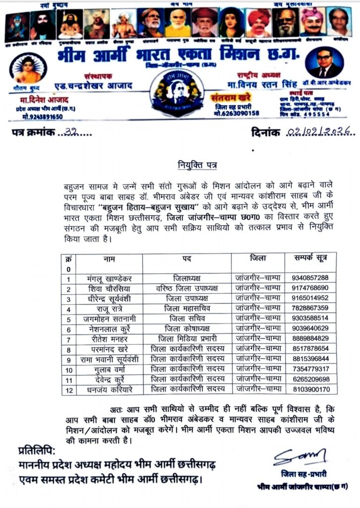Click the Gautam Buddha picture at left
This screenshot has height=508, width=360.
pos(28,67)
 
